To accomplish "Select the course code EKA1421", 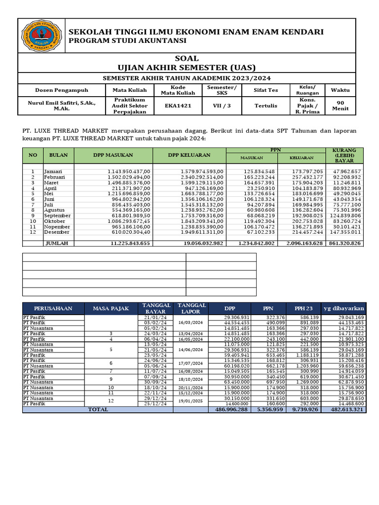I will pos(178,106).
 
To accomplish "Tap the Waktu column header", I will pos(340,90).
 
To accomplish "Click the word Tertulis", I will pos(265,106).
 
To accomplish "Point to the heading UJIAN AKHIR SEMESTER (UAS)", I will pos(187,67).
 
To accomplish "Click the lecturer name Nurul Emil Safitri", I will pos(61,102).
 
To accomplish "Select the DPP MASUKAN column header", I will pos(113,155).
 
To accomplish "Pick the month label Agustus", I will pos(54,210).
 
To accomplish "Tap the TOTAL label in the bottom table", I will pos(97,409).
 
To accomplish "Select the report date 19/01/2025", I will pos(191,400).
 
